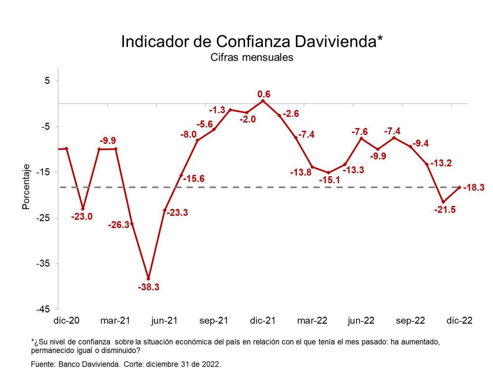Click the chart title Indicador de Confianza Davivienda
[252, 42]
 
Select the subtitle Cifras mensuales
[252, 57]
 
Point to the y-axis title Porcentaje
[26, 187]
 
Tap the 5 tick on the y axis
[47, 81]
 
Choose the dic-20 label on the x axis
[66, 321]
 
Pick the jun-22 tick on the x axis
[361, 321]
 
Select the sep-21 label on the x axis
[214, 321]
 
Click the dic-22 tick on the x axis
[459, 321]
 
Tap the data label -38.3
[148, 287]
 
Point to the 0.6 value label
[264, 94]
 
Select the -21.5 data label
[445, 210]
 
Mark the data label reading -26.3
[119, 225]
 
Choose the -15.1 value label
[329, 180]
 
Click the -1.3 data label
[217, 110]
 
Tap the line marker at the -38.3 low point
[148, 279]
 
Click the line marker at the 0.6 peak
[263, 101]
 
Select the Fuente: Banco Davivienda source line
[126, 364]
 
